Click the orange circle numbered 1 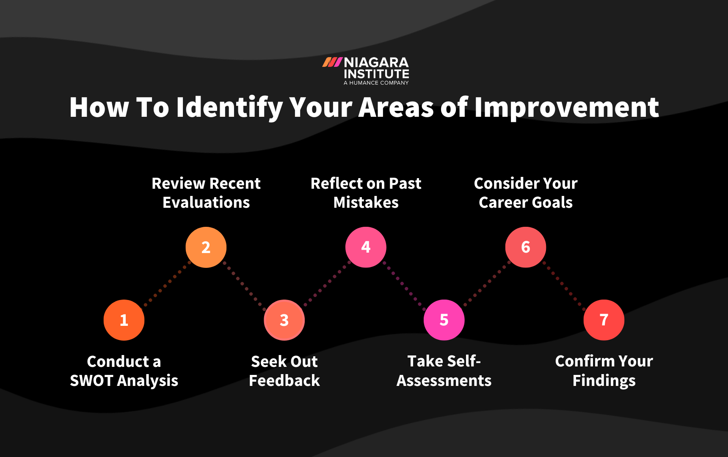(x=124, y=320)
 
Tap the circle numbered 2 (x=206, y=247)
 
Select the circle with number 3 (x=284, y=320)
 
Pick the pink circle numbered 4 (x=366, y=247)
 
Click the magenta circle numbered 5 (x=444, y=320)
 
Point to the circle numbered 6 (x=526, y=247)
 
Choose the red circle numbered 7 (x=604, y=320)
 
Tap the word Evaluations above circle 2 (x=206, y=203)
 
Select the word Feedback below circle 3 (x=284, y=381)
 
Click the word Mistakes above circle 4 (x=366, y=203)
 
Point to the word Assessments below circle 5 (x=444, y=381)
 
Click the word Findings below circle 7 (x=604, y=381)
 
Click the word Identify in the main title (x=229, y=107)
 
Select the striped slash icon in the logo (x=332, y=63)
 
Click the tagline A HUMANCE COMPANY (x=376, y=83)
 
